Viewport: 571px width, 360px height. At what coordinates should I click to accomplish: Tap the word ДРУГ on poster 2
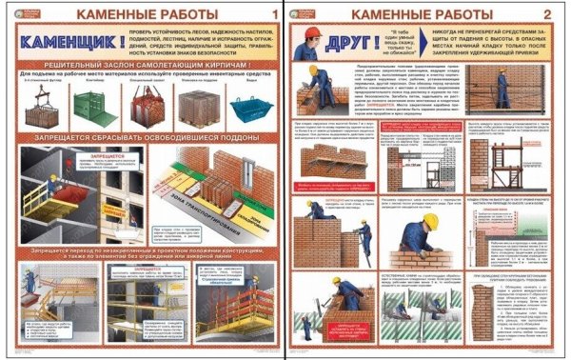(339, 44)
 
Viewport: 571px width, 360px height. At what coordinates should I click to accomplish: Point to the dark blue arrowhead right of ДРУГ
(381, 45)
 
